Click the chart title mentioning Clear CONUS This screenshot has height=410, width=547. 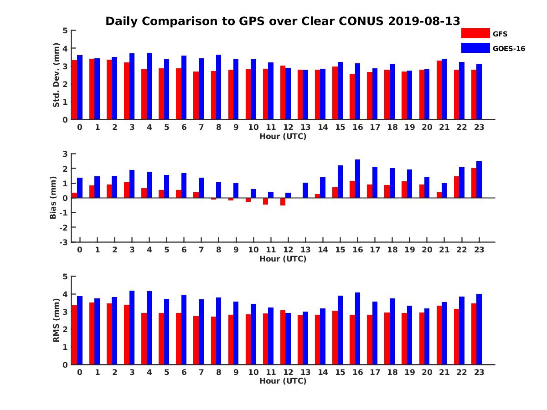[x=283, y=21]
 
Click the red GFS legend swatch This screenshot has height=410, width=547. [x=475, y=33]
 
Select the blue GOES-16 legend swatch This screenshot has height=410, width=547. [x=475, y=48]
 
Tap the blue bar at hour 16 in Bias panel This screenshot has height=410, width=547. [x=357, y=179]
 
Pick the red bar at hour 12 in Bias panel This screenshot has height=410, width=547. [x=283, y=202]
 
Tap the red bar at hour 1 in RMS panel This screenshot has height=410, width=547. [x=92, y=333]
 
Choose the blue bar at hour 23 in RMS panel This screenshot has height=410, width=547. [x=479, y=329]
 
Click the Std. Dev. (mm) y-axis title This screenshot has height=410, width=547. [x=57, y=75]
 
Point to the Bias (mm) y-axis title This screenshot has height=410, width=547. [x=53, y=198]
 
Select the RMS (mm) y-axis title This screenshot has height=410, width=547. [x=57, y=320]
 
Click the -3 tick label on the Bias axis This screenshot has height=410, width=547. [x=63, y=242]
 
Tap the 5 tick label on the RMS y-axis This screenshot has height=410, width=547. [x=65, y=277]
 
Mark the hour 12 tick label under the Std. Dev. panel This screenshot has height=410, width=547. [x=288, y=127]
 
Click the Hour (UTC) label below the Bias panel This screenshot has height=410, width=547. [x=283, y=259]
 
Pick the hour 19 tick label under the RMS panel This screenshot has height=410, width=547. [x=409, y=372]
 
